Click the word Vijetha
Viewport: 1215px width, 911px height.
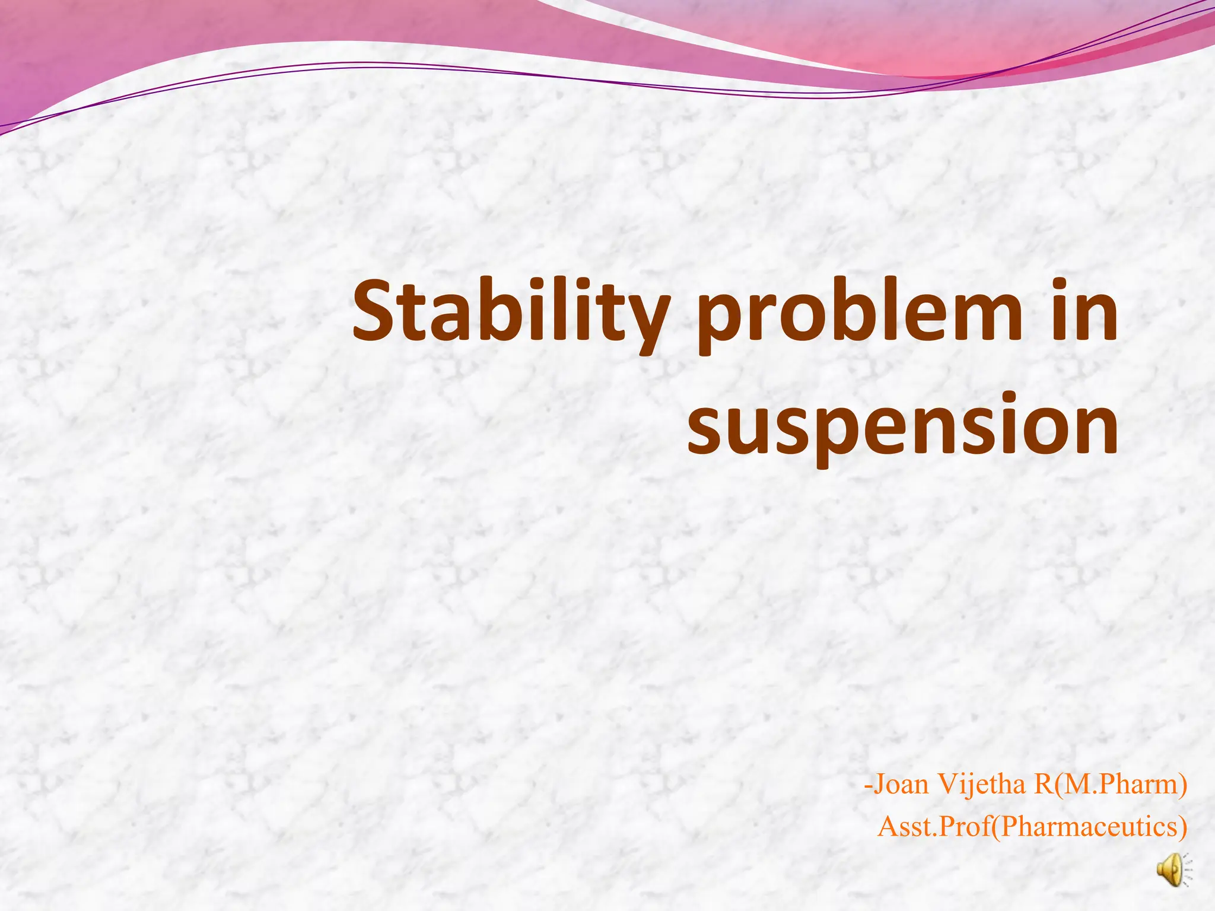click(982, 784)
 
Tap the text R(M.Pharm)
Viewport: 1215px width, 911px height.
click(1110, 784)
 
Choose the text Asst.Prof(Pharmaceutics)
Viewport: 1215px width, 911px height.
click(1032, 826)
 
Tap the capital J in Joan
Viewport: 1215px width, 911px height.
click(880, 784)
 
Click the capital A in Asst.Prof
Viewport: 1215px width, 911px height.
click(888, 826)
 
